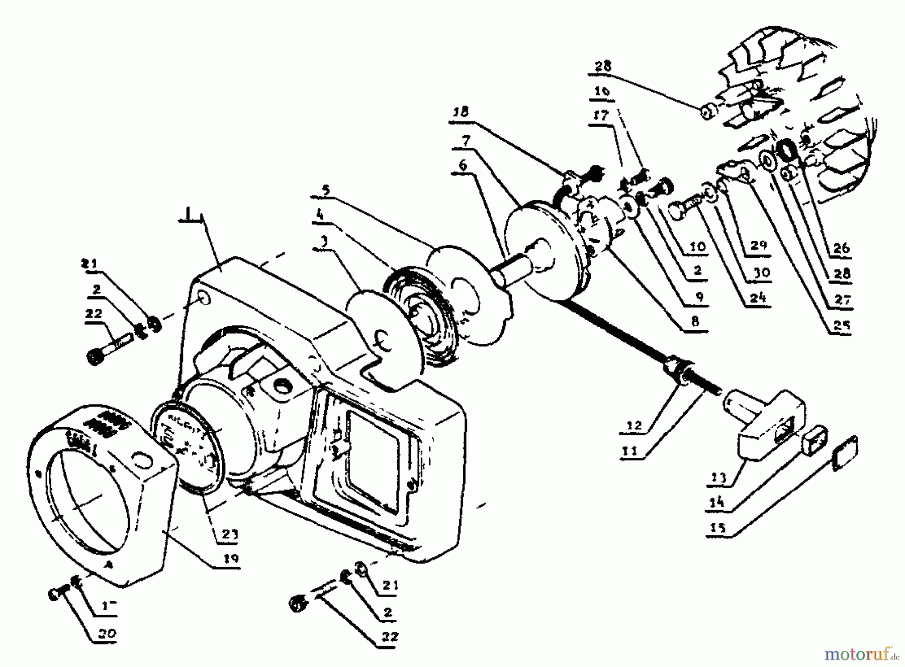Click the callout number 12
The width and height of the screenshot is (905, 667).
click(x=635, y=425)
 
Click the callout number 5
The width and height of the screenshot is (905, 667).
click(x=326, y=190)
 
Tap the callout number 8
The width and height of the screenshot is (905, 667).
click(x=695, y=322)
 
